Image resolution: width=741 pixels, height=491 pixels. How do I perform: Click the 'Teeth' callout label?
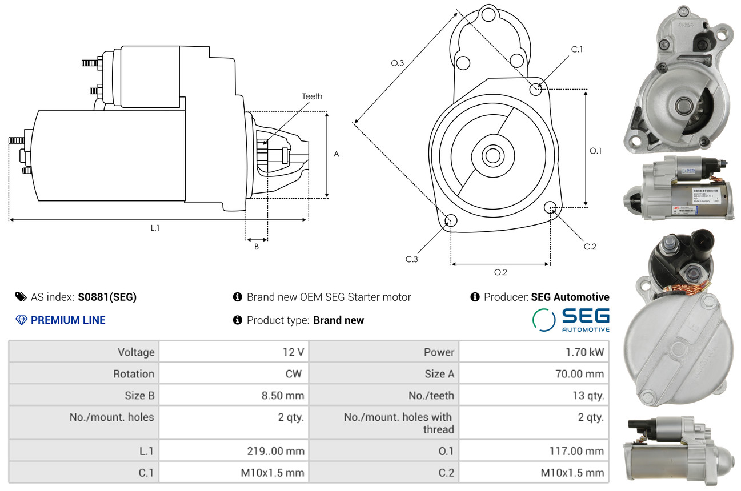[x=312, y=96]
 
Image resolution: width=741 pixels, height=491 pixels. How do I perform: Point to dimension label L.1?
[x=155, y=228]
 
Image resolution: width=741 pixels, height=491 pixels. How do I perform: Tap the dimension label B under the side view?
[x=257, y=247]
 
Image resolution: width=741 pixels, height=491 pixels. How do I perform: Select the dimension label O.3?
[x=398, y=63]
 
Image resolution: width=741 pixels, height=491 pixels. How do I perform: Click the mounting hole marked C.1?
[x=536, y=89]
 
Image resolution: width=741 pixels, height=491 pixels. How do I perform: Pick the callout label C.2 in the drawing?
[x=590, y=247]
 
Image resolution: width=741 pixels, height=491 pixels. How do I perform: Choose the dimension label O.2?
[x=500, y=272]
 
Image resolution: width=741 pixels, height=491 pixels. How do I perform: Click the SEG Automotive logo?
[x=571, y=320]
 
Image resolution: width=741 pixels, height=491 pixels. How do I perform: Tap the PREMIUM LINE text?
[x=68, y=320]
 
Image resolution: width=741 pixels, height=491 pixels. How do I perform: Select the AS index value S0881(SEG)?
[x=107, y=297]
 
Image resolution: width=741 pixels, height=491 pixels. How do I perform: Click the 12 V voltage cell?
[x=293, y=352]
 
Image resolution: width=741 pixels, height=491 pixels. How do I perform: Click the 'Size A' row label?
[x=439, y=374]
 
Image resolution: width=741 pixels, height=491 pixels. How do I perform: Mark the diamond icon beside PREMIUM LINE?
[x=22, y=320]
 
